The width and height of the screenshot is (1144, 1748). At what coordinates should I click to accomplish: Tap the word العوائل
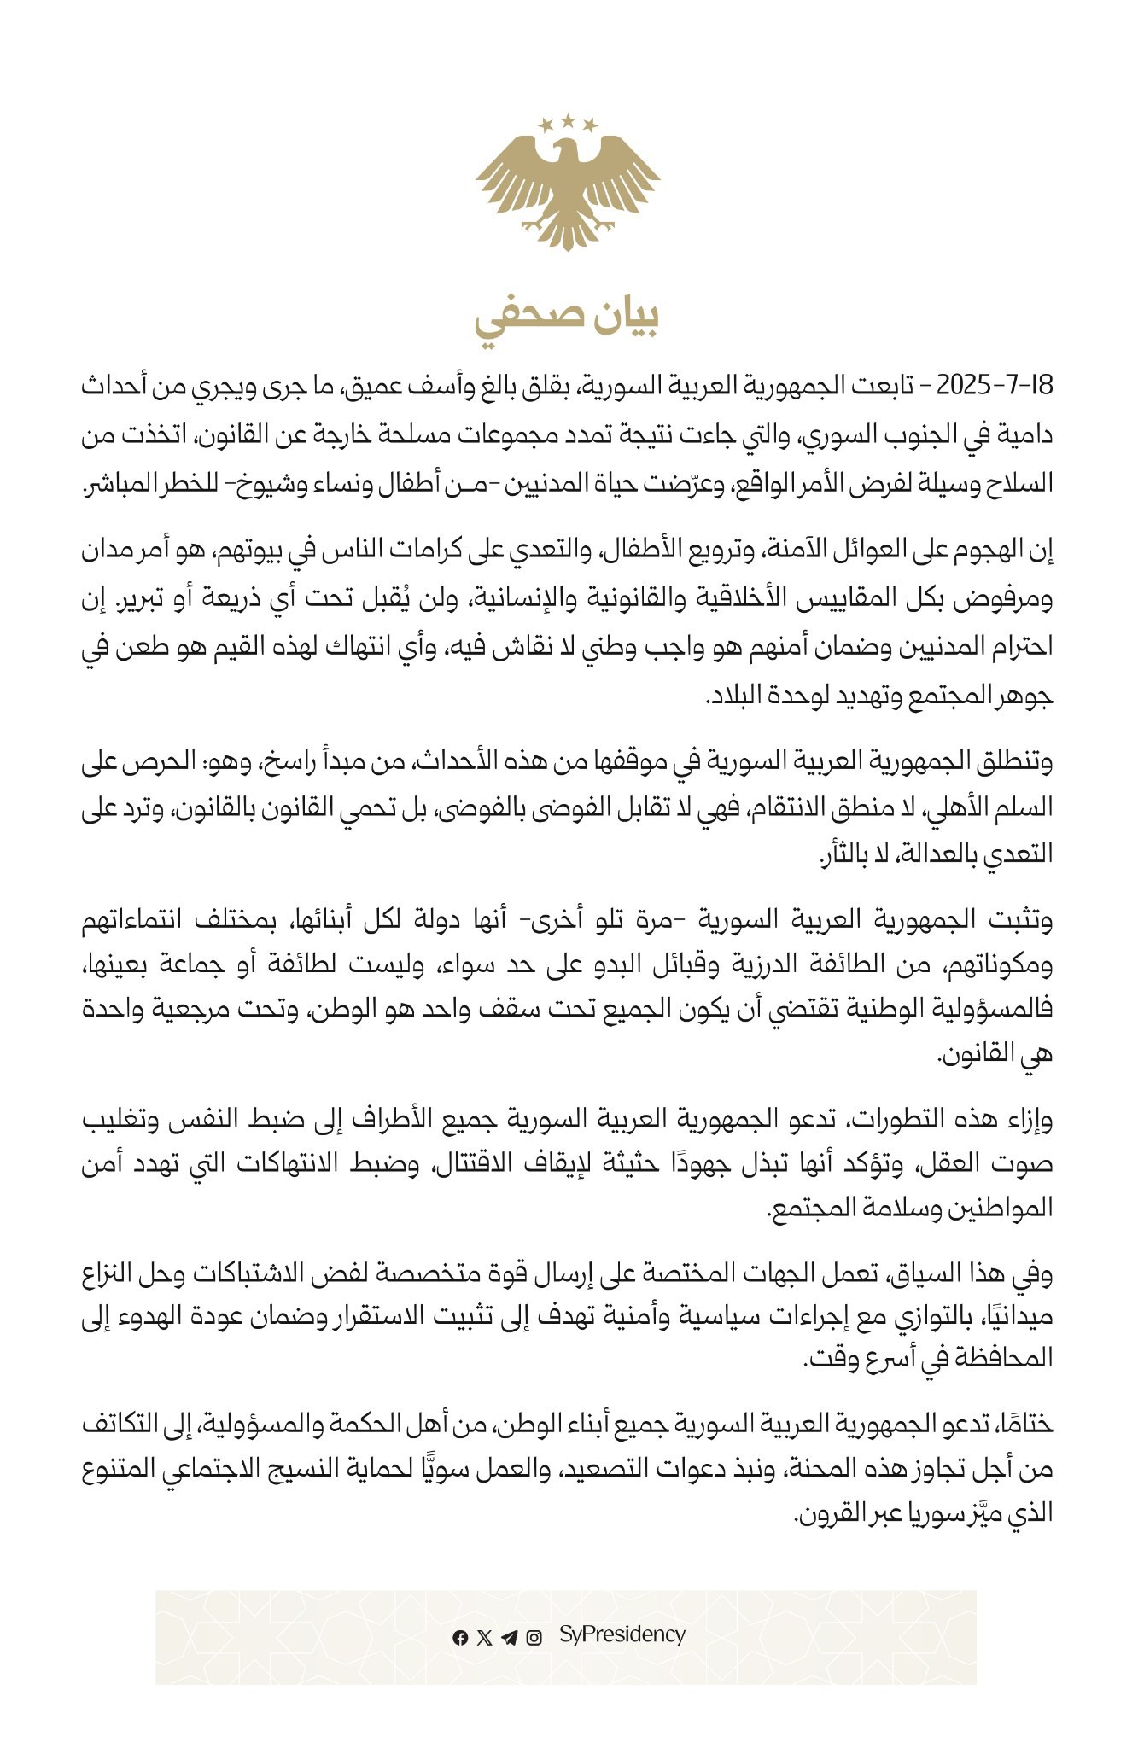[x=853, y=553]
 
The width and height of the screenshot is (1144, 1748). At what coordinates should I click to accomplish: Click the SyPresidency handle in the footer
[x=622, y=1634]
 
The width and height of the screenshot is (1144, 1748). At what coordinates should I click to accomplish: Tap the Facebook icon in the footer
[x=460, y=1637]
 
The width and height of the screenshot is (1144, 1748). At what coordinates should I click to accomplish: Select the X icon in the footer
[x=485, y=1637]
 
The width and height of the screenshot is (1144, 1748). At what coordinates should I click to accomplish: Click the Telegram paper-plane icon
[x=510, y=1637]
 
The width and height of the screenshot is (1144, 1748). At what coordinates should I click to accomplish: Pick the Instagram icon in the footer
[x=534, y=1637]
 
